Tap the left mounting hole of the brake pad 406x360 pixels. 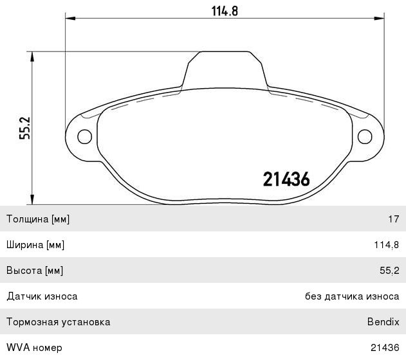pyautogui.click(x=84, y=136)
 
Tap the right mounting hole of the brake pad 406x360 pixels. pyautogui.click(x=364, y=136)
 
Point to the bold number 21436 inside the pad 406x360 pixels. pyautogui.click(x=287, y=179)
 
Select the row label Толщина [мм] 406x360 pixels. pyautogui.click(x=38, y=219)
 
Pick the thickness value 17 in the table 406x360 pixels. pyautogui.click(x=393, y=219)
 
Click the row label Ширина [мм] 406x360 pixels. pyautogui.click(x=35, y=245)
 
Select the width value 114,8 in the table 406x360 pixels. pyautogui.click(x=387, y=245)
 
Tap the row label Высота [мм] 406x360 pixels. pyautogui.click(x=35, y=271)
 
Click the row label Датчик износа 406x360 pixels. pyautogui.click(x=42, y=296)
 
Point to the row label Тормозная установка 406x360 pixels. pyautogui.click(x=58, y=322)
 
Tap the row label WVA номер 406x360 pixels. pyautogui.click(x=34, y=348)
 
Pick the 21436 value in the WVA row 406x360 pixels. pyautogui.click(x=385, y=348)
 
